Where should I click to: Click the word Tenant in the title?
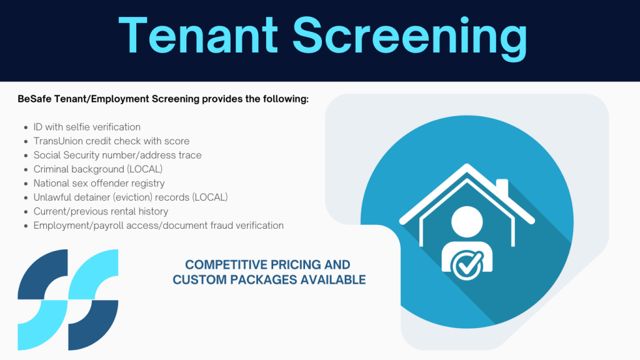[x=198, y=35]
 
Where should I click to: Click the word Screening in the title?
[x=410, y=38]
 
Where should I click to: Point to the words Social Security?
[x=66, y=156]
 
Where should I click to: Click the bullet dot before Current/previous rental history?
[x=26, y=212]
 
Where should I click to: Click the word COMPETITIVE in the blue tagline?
[x=226, y=265]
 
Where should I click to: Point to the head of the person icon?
[x=467, y=222]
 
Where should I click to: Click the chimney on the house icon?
[x=502, y=187]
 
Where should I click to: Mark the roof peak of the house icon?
[x=467, y=166]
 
